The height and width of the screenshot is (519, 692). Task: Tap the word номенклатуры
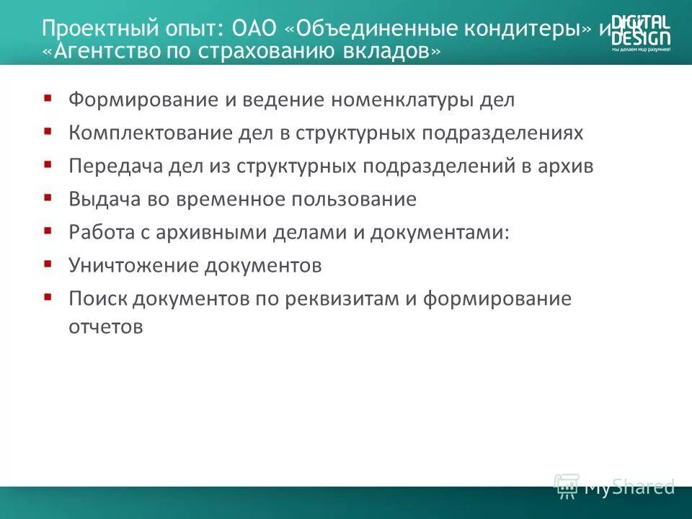402,100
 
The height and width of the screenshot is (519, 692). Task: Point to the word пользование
360,200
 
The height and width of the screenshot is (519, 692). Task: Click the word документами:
451,233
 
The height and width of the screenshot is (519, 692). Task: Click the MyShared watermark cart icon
567,485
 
